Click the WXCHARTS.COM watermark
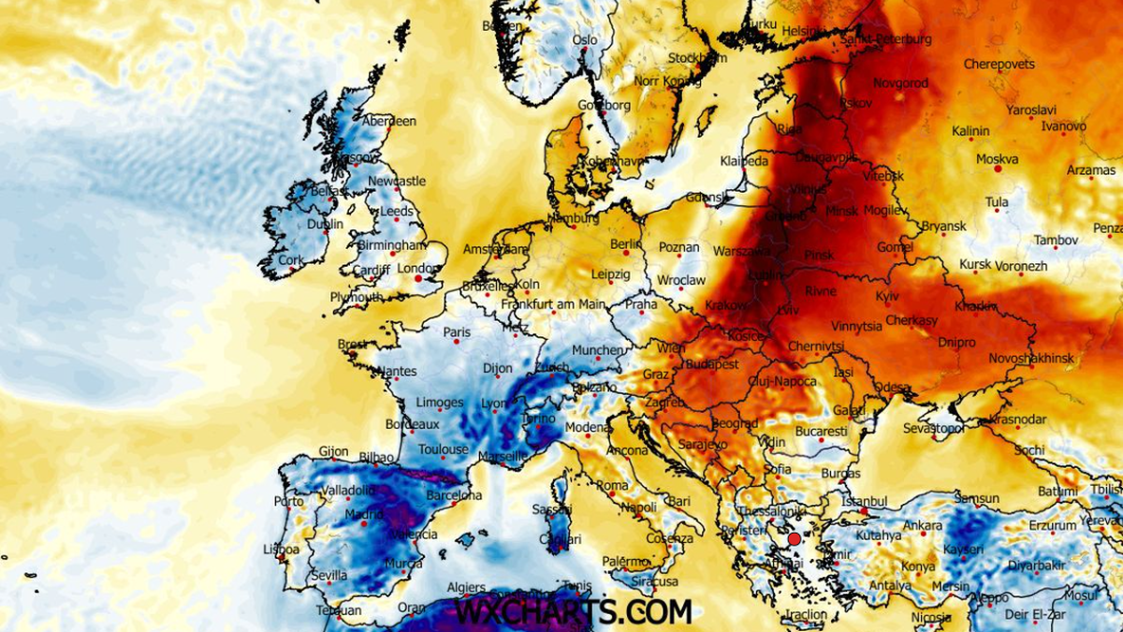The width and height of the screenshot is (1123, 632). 573,612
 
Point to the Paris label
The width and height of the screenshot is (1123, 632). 457,331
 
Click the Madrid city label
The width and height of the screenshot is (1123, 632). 339,514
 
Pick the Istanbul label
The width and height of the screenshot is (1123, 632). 864,502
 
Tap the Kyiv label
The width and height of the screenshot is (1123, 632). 886,296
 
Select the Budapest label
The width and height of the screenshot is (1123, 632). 712,363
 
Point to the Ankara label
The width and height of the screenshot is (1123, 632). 921,525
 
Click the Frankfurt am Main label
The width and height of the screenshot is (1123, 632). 553,304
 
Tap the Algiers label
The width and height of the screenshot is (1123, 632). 466,587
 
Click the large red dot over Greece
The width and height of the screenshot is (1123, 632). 795,539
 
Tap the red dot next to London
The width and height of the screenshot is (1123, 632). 417,278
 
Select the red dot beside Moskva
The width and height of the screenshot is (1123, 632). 997,169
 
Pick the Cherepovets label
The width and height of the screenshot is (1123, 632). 999,64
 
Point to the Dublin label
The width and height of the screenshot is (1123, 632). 325,225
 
